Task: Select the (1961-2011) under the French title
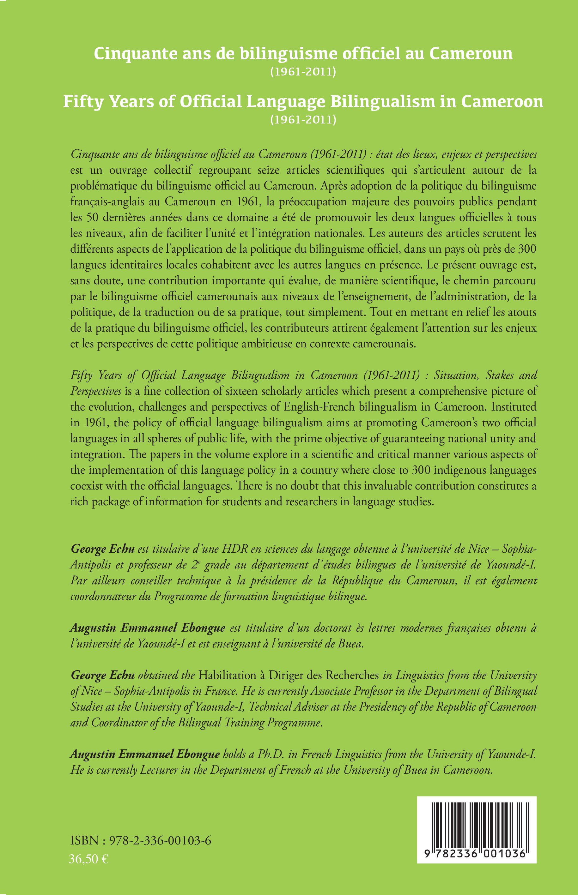click(303, 72)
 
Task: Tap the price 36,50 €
click(88, 859)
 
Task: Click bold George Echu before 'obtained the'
click(102, 675)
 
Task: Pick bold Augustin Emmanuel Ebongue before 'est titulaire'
click(148, 628)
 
